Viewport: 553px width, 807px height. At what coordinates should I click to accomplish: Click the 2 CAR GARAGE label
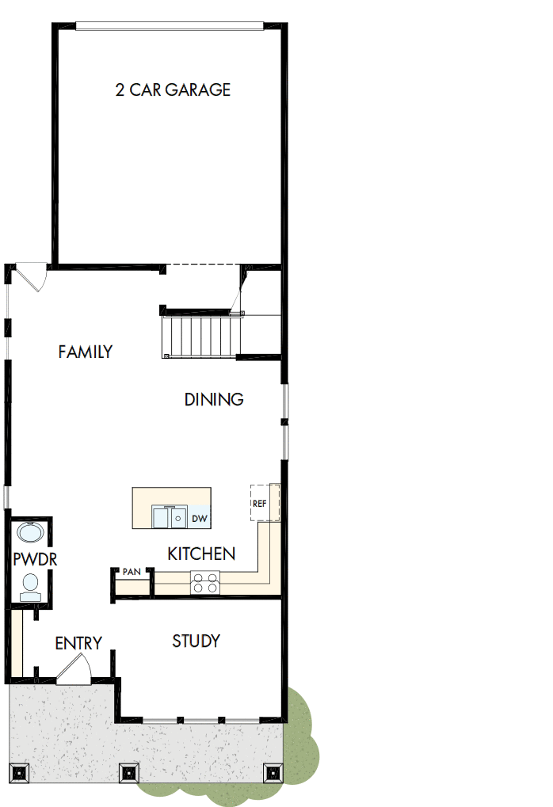click(x=173, y=89)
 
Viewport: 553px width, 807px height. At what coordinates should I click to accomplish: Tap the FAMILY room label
click(x=86, y=352)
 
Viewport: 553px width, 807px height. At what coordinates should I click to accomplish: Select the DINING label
click(x=214, y=399)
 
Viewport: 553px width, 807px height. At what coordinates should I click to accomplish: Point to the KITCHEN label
click(x=201, y=554)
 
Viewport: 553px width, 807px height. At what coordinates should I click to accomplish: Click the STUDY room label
click(x=196, y=641)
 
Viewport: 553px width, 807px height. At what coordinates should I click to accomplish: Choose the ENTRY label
click(x=78, y=643)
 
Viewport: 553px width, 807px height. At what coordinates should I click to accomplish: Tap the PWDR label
click(x=35, y=559)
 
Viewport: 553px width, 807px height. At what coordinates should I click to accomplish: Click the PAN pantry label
click(x=131, y=572)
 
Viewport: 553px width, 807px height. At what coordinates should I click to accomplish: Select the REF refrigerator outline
click(x=265, y=503)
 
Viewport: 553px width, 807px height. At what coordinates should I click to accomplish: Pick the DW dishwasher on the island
click(x=200, y=519)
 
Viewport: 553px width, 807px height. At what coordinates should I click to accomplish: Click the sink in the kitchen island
click(x=169, y=517)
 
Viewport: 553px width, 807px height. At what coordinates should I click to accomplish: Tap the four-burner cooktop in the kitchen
click(x=205, y=582)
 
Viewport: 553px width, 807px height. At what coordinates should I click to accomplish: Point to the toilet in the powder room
click(x=31, y=584)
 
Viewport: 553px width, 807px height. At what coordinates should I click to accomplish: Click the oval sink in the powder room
click(x=31, y=532)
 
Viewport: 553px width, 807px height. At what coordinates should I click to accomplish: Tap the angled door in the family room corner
click(x=32, y=277)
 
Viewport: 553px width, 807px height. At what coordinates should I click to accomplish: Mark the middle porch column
click(x=129, y=772)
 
